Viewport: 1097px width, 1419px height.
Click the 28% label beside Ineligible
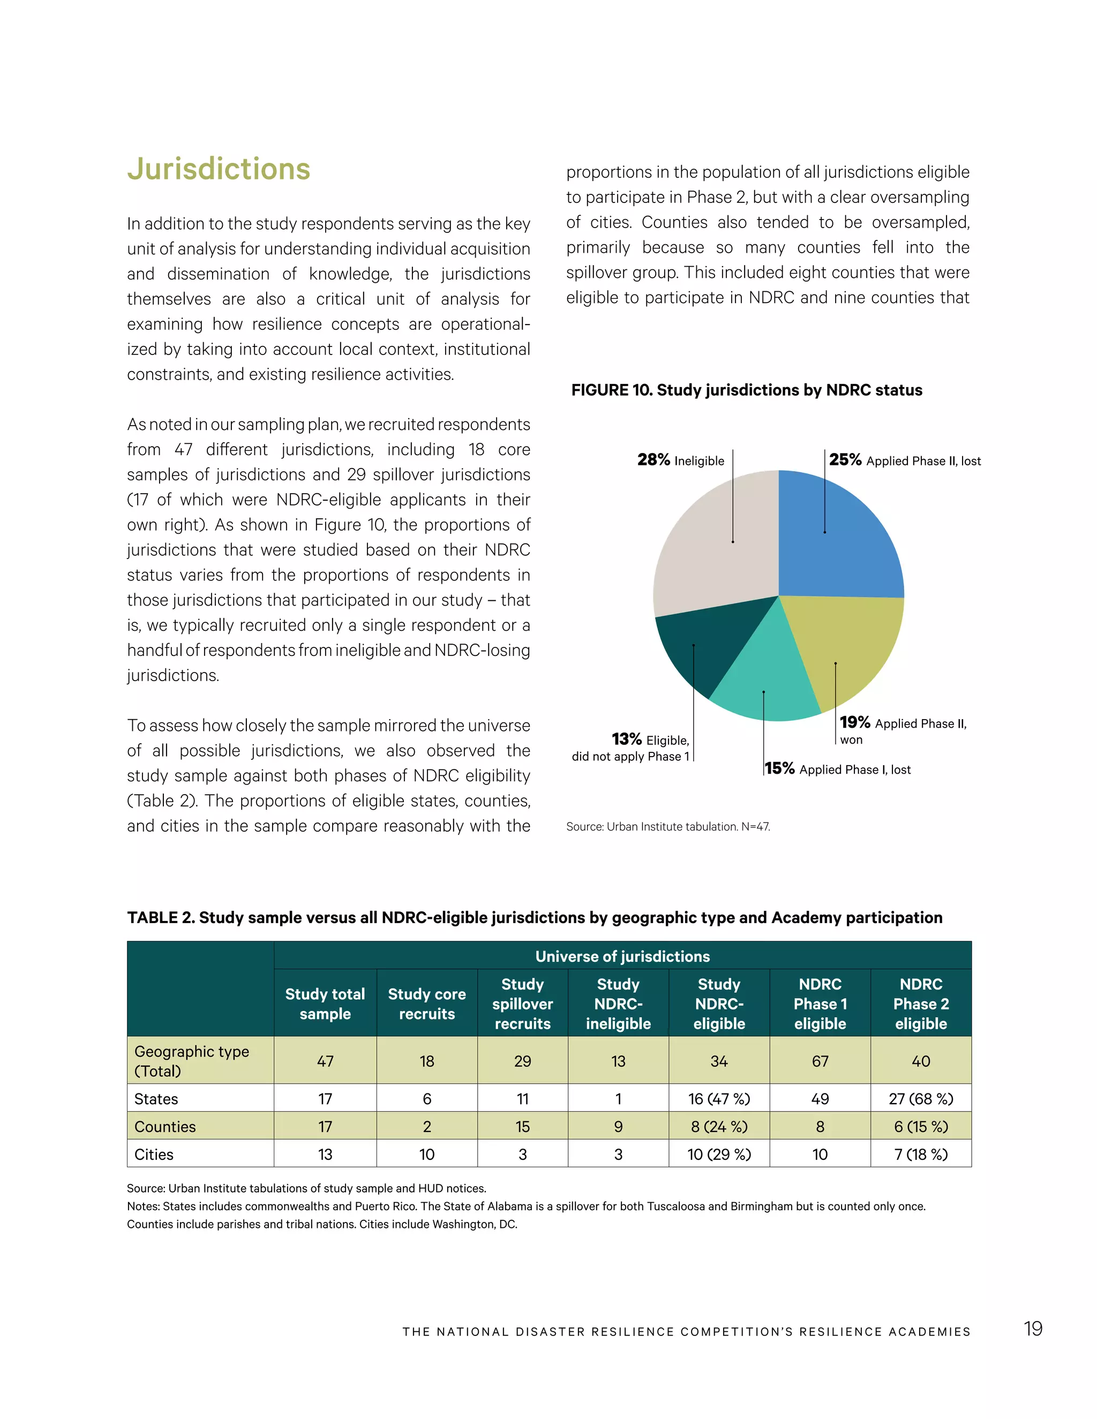[653, 460]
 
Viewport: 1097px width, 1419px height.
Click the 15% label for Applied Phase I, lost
[780, 768]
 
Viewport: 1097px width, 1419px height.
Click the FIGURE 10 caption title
[746, 390]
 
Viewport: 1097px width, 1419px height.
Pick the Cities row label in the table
[154, 1154]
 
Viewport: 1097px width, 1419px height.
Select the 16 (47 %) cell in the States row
[719, 1099]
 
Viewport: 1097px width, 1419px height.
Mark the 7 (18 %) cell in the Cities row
[920, 1154]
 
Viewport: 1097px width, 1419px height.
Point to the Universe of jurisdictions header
[622, 956]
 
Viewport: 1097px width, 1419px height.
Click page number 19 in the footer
[1033, 1329]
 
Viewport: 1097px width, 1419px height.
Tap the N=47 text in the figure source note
[755, 827]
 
